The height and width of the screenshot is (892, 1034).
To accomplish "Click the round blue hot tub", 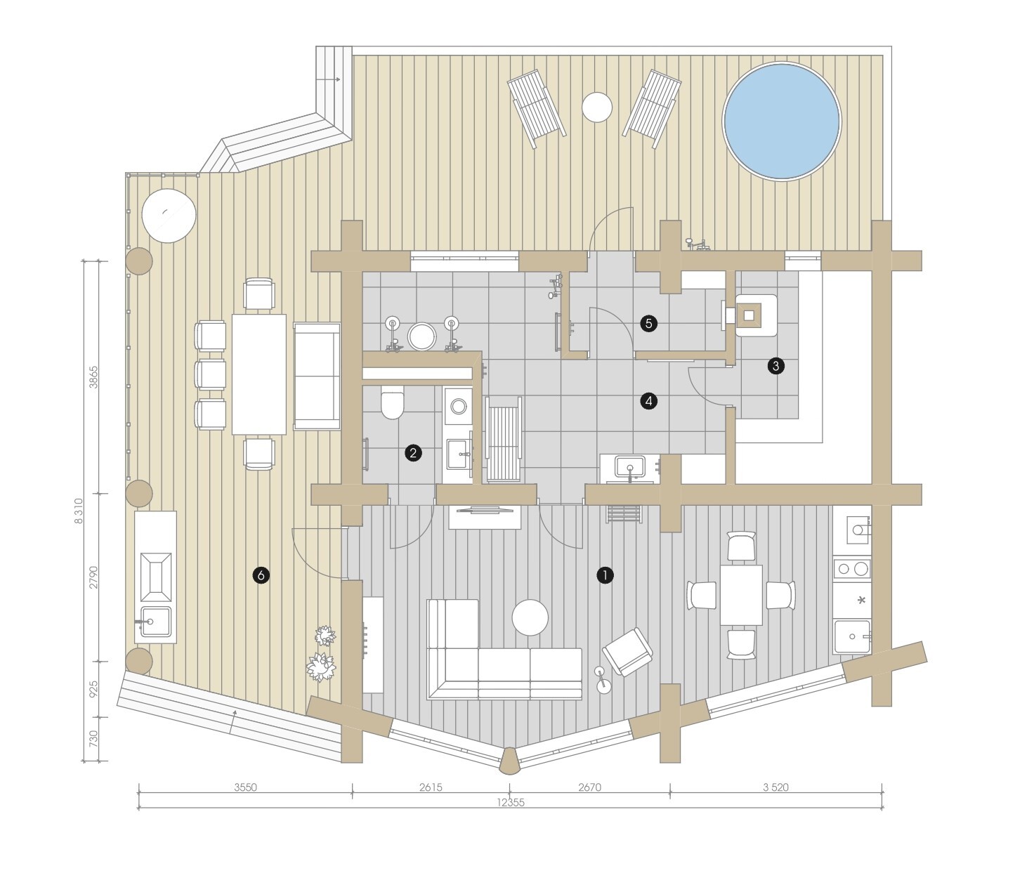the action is click(782, 122).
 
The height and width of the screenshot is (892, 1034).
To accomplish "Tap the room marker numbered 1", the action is click(605, 575).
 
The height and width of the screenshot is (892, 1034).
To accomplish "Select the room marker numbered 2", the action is click(413, 453).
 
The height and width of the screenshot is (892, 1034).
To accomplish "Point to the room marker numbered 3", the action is click(776, 366).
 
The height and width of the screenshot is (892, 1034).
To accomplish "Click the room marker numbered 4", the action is click(649, 401).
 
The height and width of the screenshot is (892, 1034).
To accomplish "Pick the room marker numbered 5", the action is click(649, 324).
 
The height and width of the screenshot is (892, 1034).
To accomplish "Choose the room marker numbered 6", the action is click(261, 575).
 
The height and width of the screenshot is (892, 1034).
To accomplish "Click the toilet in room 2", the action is click(392, 403).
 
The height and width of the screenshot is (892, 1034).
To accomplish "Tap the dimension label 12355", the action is click(511, 803).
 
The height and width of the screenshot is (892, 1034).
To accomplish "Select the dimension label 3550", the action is click(245, 787).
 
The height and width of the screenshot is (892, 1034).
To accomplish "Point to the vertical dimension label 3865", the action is click(93, 377).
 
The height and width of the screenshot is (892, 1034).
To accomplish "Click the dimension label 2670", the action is click(589, 787).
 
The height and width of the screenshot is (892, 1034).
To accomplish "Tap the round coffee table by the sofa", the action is click(530, 617).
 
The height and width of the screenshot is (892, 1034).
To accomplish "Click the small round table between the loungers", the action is click(597, 107).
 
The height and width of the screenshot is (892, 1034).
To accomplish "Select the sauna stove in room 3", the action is click(749, 315).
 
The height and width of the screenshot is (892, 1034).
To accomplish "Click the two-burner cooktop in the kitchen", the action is click(852, 569).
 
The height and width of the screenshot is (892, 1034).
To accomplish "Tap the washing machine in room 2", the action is click(458, 406).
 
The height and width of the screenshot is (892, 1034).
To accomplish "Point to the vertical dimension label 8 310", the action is click(78, 511).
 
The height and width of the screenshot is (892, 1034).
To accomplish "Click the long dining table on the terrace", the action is click(259, 374).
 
